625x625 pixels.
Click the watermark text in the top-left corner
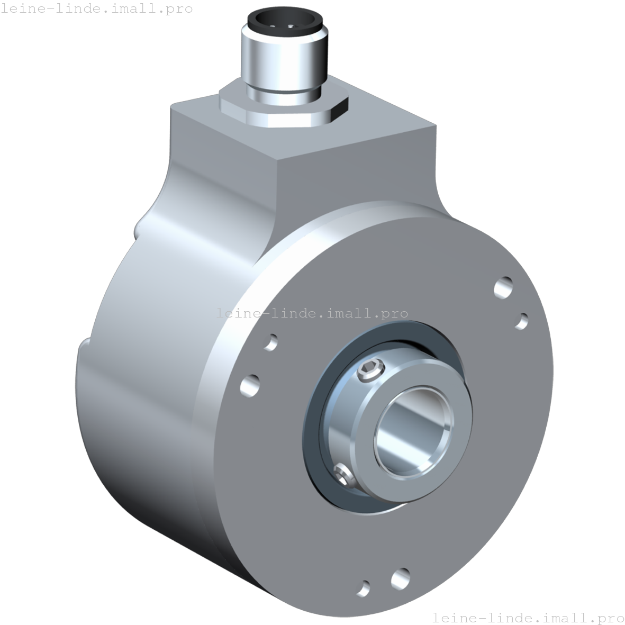[x=96, y=8]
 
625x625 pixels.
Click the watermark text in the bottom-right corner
[x=528, y=617]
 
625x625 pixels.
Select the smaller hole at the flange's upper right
[x=522, y=321]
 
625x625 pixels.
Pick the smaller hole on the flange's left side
[x=270, y=342]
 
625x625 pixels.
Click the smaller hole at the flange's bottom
[x=364, y=588]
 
